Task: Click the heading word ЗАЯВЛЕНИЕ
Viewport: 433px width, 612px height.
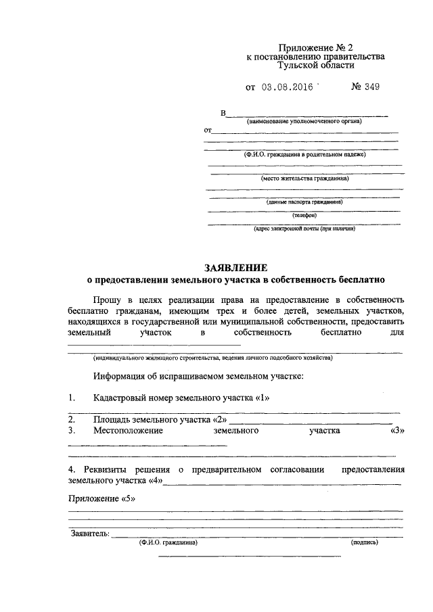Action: [x=236, y=268]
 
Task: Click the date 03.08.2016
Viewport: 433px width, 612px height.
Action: [x=287, y=87]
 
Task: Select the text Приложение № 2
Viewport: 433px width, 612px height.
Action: [x=315, y=48]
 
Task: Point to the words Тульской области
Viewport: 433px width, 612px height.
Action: [x=315, y=66]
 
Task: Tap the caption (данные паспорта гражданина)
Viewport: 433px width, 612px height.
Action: [x=305, y=202]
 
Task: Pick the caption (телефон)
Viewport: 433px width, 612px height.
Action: [x=304, y=215]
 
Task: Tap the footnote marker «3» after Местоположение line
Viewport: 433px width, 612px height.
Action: [x=397, y=430]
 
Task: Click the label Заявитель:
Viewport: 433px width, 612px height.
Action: [x=89, y=534]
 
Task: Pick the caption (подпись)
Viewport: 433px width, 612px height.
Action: [x=365, y=542]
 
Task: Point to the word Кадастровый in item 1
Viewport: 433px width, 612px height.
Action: [x=123, y=398]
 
